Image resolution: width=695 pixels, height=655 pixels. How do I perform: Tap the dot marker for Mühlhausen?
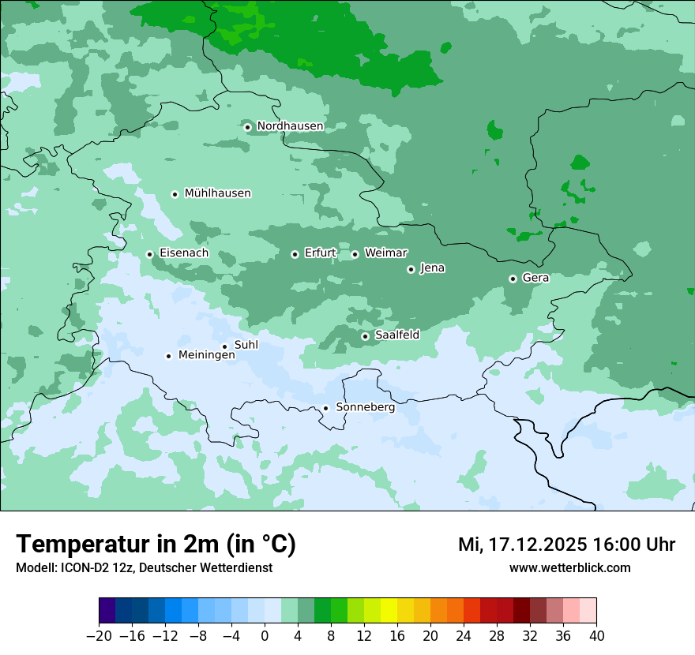pyautogui.click(x=175, y=194)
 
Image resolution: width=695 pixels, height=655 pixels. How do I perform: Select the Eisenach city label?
pyautogui.click(x=184, y=253)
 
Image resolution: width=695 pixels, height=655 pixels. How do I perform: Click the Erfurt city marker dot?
pyautogui.click(x=295, y=254)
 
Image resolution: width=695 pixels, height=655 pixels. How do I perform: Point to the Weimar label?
pyautogui.click(x=385, y=253)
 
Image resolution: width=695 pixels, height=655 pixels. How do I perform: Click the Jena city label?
pyautogui.click(x=432, y=268)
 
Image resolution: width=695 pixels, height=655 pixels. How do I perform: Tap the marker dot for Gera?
pyautogui.click(x=513, y=279)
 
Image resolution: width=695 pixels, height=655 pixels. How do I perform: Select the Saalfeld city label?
pyautogui.click(x=396, y=335)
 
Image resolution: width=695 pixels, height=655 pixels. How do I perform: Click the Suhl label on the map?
pyautogui.click(x=246, y=345)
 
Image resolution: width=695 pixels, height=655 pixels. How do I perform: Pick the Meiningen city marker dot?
pyautogui.click(x=168, y=356)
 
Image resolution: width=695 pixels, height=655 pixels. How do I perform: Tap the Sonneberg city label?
pyautogui.click(x=365, y=407)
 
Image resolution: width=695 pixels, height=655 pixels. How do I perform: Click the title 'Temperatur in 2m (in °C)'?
pyautogui.click(x=156, y=545)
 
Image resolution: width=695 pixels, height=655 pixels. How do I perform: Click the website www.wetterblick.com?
pyautogui.click(x=569, y=568)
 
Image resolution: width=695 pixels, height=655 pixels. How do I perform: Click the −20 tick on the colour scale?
pyautogui.click(x=99, y=636)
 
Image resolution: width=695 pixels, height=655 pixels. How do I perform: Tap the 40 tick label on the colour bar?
pyautogui.click(x=596, y=636)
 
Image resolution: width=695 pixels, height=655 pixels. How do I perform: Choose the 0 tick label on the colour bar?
pyautogui.click(x=265, y=636)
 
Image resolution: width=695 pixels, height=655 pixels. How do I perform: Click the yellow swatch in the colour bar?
pyautogui.click(x=389, y=611)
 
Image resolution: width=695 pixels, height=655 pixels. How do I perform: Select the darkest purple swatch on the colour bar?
pyautogui.click(x=107, y=611)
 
